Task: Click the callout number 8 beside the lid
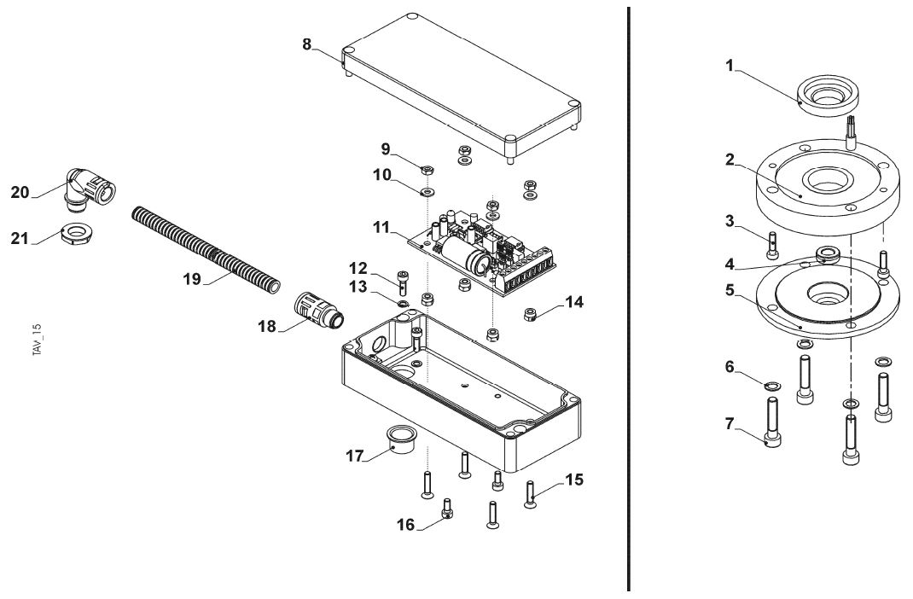307,44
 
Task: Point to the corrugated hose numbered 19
205,247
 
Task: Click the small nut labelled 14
529,315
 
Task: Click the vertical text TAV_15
37,341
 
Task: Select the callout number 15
574,480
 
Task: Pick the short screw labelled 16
446,510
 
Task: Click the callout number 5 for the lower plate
729,289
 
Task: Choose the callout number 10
381,174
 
